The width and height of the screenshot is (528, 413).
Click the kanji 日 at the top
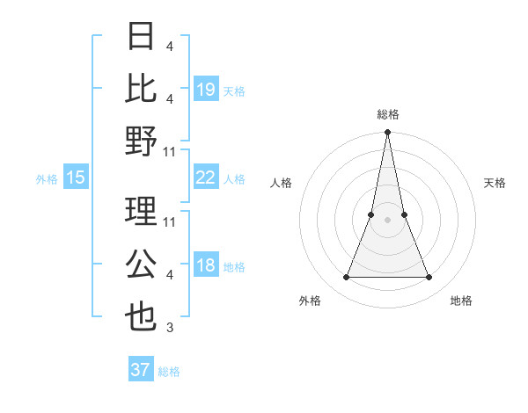pos(142,36)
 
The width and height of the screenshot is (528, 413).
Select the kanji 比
pos(142,89)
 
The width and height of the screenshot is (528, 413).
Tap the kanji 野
pos(142,141)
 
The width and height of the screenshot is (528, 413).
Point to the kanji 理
pos(142,212)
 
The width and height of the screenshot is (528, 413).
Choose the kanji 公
pos(142,264)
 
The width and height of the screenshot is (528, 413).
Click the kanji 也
pos(142,317)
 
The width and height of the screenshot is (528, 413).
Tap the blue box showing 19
pos(206,89)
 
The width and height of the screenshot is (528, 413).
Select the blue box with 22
pos(206,178)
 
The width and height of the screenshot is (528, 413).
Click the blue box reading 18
pos(206,265)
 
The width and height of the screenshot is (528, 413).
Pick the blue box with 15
pos(76,178)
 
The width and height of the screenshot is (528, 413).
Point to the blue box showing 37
pos(141,370)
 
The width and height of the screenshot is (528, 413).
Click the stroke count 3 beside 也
pos(170,329)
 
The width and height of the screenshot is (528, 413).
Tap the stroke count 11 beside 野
pos(170,152)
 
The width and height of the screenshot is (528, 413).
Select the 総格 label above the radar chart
pos(387,114)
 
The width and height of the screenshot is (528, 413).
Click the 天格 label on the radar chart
pos(495,183)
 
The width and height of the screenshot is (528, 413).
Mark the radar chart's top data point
pos(387,133)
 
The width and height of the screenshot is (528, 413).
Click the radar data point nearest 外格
pos(346,278)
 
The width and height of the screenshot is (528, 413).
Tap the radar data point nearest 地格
pos(429,278)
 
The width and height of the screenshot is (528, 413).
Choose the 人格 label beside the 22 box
pos(234,178)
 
